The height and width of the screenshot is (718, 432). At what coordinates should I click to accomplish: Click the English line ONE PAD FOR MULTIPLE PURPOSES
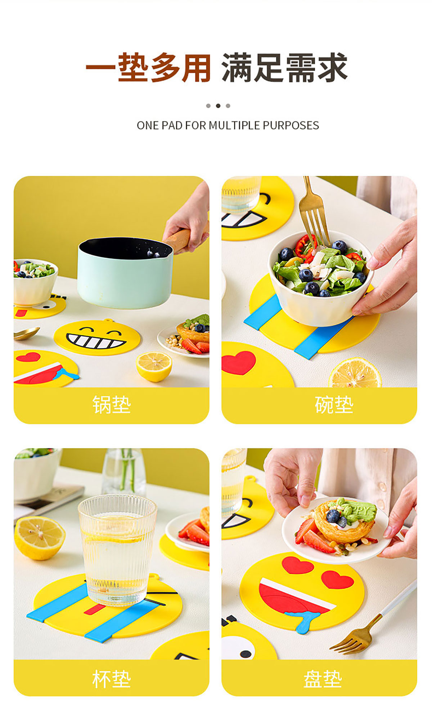228,125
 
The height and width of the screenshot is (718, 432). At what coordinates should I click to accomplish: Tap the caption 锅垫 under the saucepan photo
112,404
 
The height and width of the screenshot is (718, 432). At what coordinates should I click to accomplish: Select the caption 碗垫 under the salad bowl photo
334,404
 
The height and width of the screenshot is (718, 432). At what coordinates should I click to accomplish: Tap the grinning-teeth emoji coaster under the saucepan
97,338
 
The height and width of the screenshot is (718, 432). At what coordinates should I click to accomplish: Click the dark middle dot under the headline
218,106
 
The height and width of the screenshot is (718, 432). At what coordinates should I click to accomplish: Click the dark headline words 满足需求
284,68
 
